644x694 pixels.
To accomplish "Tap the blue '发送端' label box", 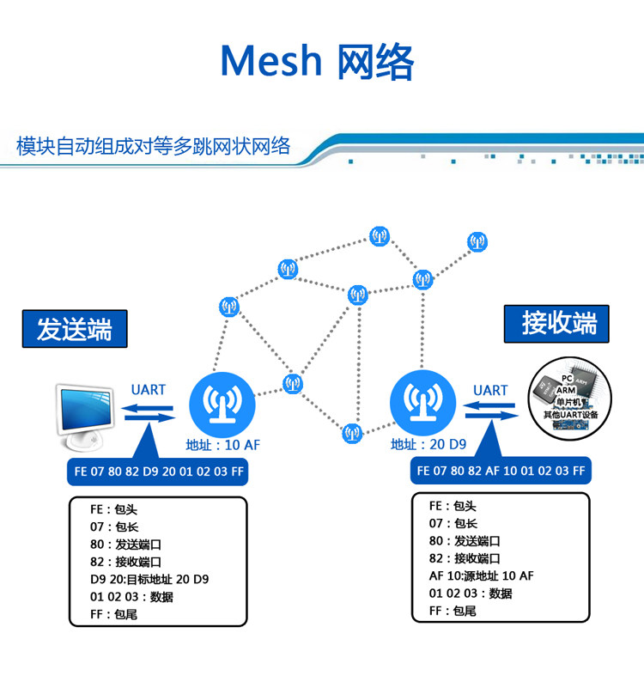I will [74, 329].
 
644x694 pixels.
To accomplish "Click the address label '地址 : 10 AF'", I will [222, 445].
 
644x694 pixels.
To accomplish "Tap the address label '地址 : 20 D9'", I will [428, 445].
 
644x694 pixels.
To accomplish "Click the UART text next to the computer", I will [149, 389].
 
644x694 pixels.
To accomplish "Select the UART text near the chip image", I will [490, 390].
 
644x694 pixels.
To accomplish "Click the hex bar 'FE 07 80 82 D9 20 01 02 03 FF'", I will [157, 471].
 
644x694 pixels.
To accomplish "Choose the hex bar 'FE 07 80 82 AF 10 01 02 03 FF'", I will [501, 471].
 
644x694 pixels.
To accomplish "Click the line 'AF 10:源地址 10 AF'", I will [481, 575].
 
